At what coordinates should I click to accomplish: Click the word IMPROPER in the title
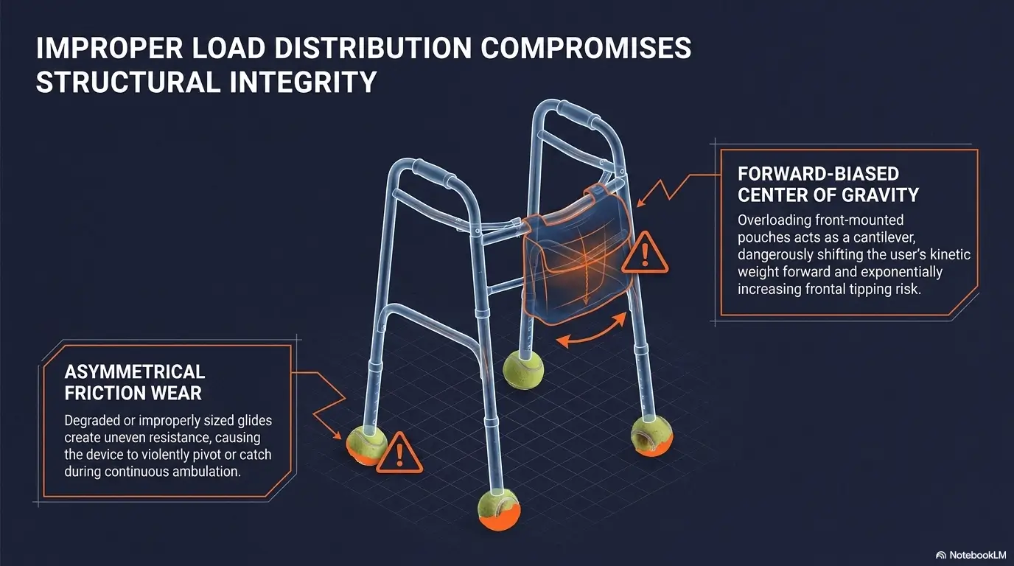tap(110, 48)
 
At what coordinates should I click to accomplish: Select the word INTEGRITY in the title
tap(303, 82)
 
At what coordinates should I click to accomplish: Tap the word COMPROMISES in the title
tap(586, 48)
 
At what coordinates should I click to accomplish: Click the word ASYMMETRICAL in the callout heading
tap(134, 371)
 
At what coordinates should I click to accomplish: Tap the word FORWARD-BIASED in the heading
tap(819, 174)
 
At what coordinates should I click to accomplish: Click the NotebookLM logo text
tap(977, 555)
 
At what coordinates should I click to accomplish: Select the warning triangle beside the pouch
tap(645, 254)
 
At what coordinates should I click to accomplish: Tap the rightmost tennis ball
tap(652, 436)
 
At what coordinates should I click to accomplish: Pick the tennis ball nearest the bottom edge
tap(500, 509)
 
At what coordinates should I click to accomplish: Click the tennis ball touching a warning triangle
tap(366, 444)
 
